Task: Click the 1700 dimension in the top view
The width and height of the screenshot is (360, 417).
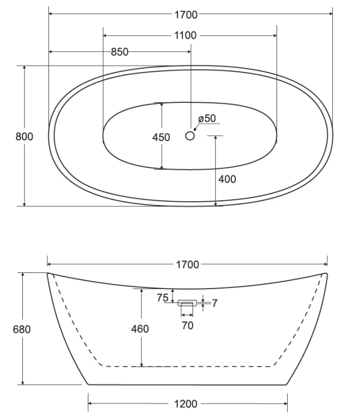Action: [x=186, y=14]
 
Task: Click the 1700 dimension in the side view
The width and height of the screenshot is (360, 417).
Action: [x=188, y=265]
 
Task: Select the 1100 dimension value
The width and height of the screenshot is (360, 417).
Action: [x=185, y=36]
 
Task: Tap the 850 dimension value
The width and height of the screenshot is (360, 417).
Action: [x=120, y=52]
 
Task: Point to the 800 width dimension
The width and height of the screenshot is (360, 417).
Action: [x=24, y=137]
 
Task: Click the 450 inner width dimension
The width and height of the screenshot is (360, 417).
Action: [x=161, y=137]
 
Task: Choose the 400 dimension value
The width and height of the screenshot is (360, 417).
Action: [x=227, y=179]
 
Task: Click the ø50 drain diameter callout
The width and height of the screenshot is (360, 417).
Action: [x=207, y=118]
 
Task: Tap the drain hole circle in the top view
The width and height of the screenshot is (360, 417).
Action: [x=190, y=136]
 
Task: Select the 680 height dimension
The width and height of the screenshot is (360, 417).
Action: [x=22, y=330]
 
